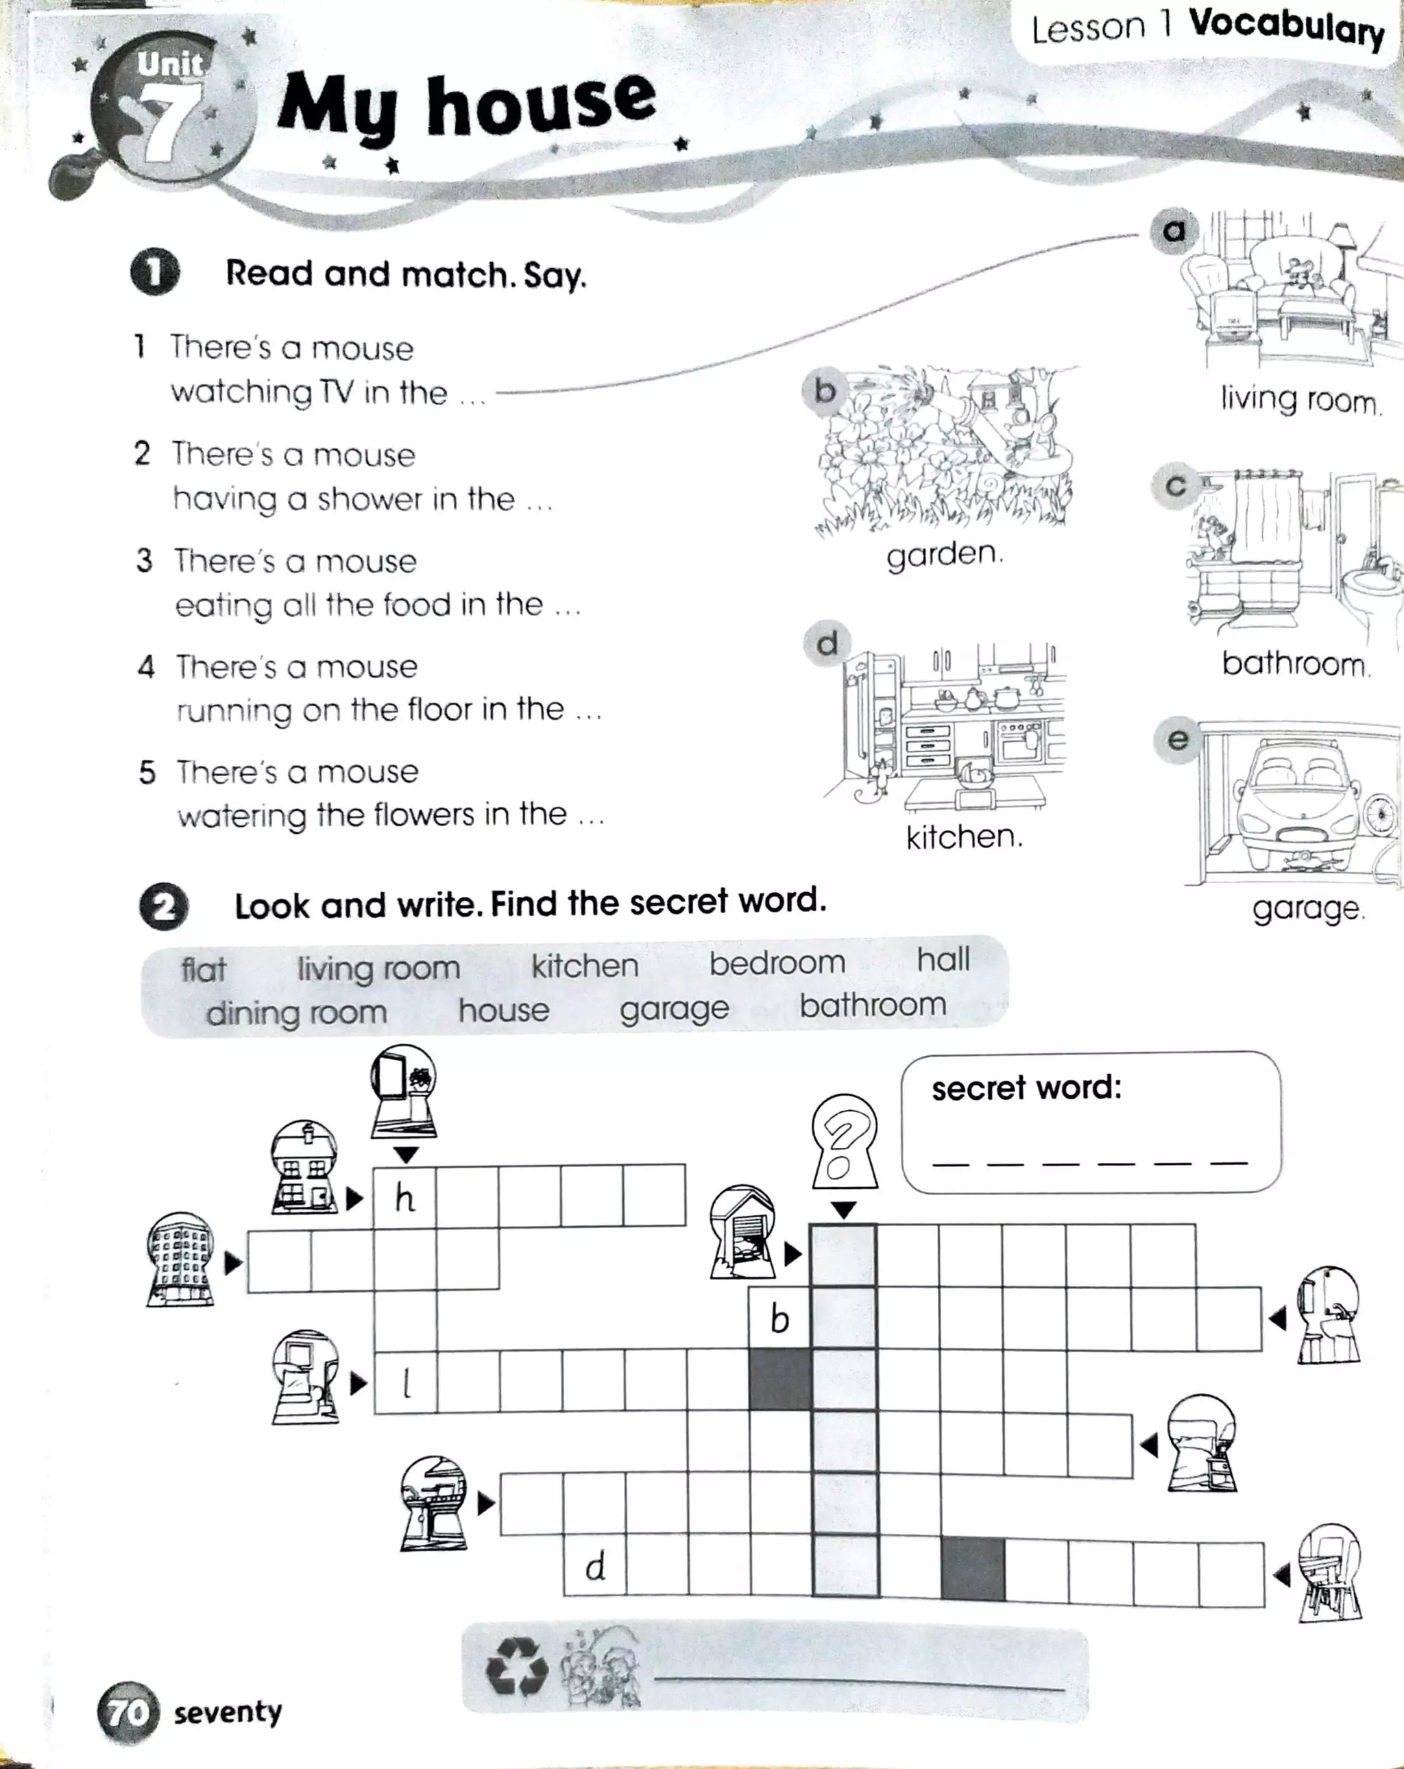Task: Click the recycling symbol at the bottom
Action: click(x=516, y=1666)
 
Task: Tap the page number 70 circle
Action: click(x=128, y=1712)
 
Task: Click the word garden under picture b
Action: click(x=945, y=554)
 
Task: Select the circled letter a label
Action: click(x=1174, y=230)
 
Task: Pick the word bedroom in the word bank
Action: click(x=777, y=963)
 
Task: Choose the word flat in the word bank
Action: click(x=203, y=970)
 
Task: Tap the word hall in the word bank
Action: click(x=943, y=959)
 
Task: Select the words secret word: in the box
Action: click(x=1026, y=1088)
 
